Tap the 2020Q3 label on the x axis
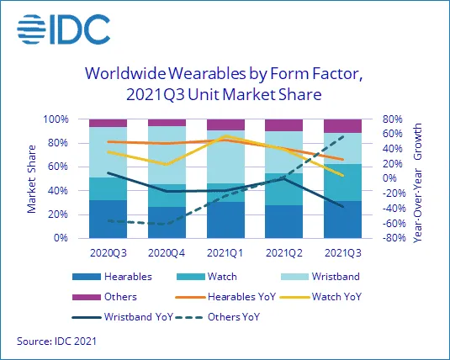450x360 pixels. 108,251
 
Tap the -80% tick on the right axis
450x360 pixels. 394,239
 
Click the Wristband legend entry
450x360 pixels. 331,276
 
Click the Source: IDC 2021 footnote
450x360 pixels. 56,341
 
